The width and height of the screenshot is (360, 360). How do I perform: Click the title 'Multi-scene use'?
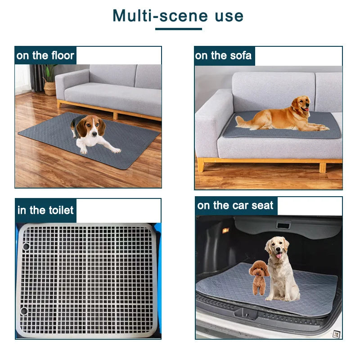[x=178, y=16]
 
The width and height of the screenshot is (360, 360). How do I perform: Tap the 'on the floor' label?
[x=45, y=56]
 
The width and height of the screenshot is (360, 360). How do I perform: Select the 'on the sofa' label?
[x=224, y=56]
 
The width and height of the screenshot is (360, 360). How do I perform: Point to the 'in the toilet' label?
[x=45, y=211]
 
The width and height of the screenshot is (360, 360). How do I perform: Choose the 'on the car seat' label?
[x=235, y=206]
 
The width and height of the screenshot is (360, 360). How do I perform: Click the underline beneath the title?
[x=178, y=29]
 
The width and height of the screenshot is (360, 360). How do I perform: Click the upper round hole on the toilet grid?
[x=26, y=247]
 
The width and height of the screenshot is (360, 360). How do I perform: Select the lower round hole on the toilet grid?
[x=23, y=311]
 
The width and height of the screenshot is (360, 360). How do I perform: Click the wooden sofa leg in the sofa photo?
[x=201, y=165]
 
